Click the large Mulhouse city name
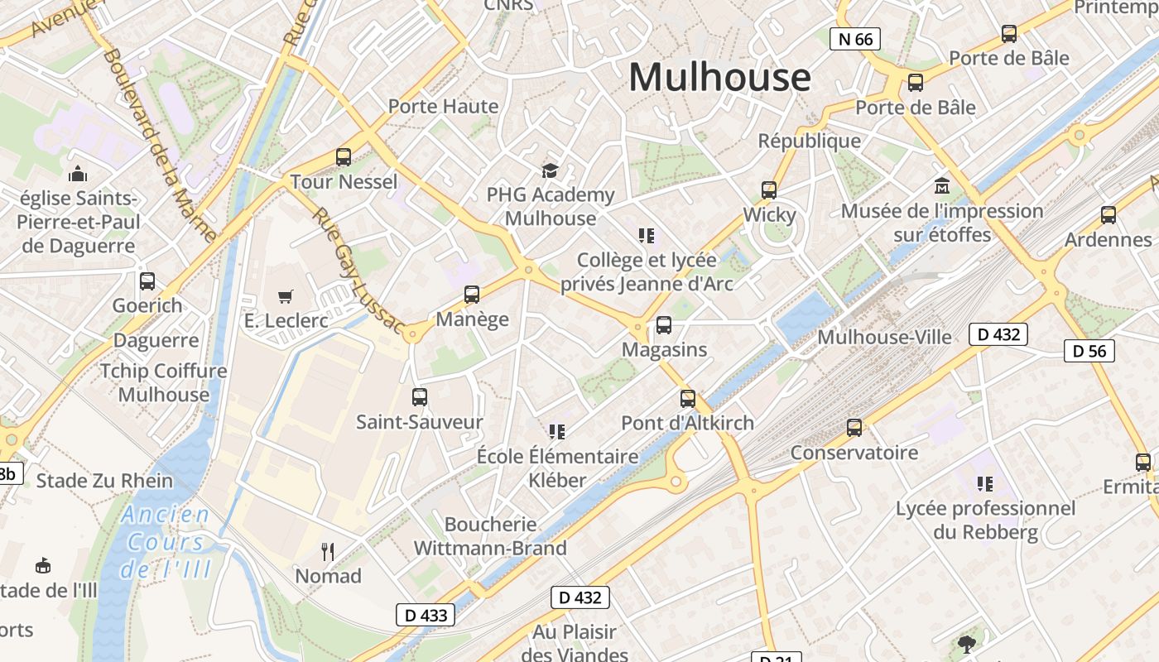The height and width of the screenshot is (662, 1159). [719, 77]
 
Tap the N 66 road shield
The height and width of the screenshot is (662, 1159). [854, 38]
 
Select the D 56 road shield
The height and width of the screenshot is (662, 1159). [1089, 351]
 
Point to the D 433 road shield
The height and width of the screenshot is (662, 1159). [426, 615]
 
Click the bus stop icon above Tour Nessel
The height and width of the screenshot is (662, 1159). [343, 156]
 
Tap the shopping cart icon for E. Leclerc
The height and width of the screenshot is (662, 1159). [286, 296]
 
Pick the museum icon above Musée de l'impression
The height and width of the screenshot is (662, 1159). [942, 185]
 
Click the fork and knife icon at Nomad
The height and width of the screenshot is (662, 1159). [328, 551]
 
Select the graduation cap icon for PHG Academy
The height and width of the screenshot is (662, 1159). [550, 170]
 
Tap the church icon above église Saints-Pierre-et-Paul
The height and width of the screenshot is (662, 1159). [78, 174]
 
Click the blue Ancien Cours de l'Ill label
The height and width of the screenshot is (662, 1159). [166, 542]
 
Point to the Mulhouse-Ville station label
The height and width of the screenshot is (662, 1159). [884, 337]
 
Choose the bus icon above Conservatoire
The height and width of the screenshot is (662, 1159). [854, 428]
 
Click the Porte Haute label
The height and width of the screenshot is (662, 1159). [443, 106]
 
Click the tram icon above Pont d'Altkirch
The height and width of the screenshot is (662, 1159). [687, 399]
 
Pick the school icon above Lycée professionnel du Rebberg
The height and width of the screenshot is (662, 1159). [984, 483]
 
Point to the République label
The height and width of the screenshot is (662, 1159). [809, 141]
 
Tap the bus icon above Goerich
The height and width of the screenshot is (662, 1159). [147, 281]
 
